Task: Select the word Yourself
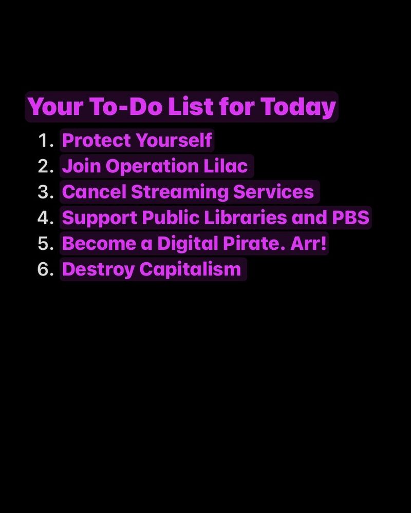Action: tap(174, 140)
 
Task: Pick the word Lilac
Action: tap(226, 166)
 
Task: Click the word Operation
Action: tap(152, 167)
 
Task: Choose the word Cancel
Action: tap(94, 192)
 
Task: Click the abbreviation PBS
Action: tap(351, 218)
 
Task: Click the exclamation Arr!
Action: tap(309, 243)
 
